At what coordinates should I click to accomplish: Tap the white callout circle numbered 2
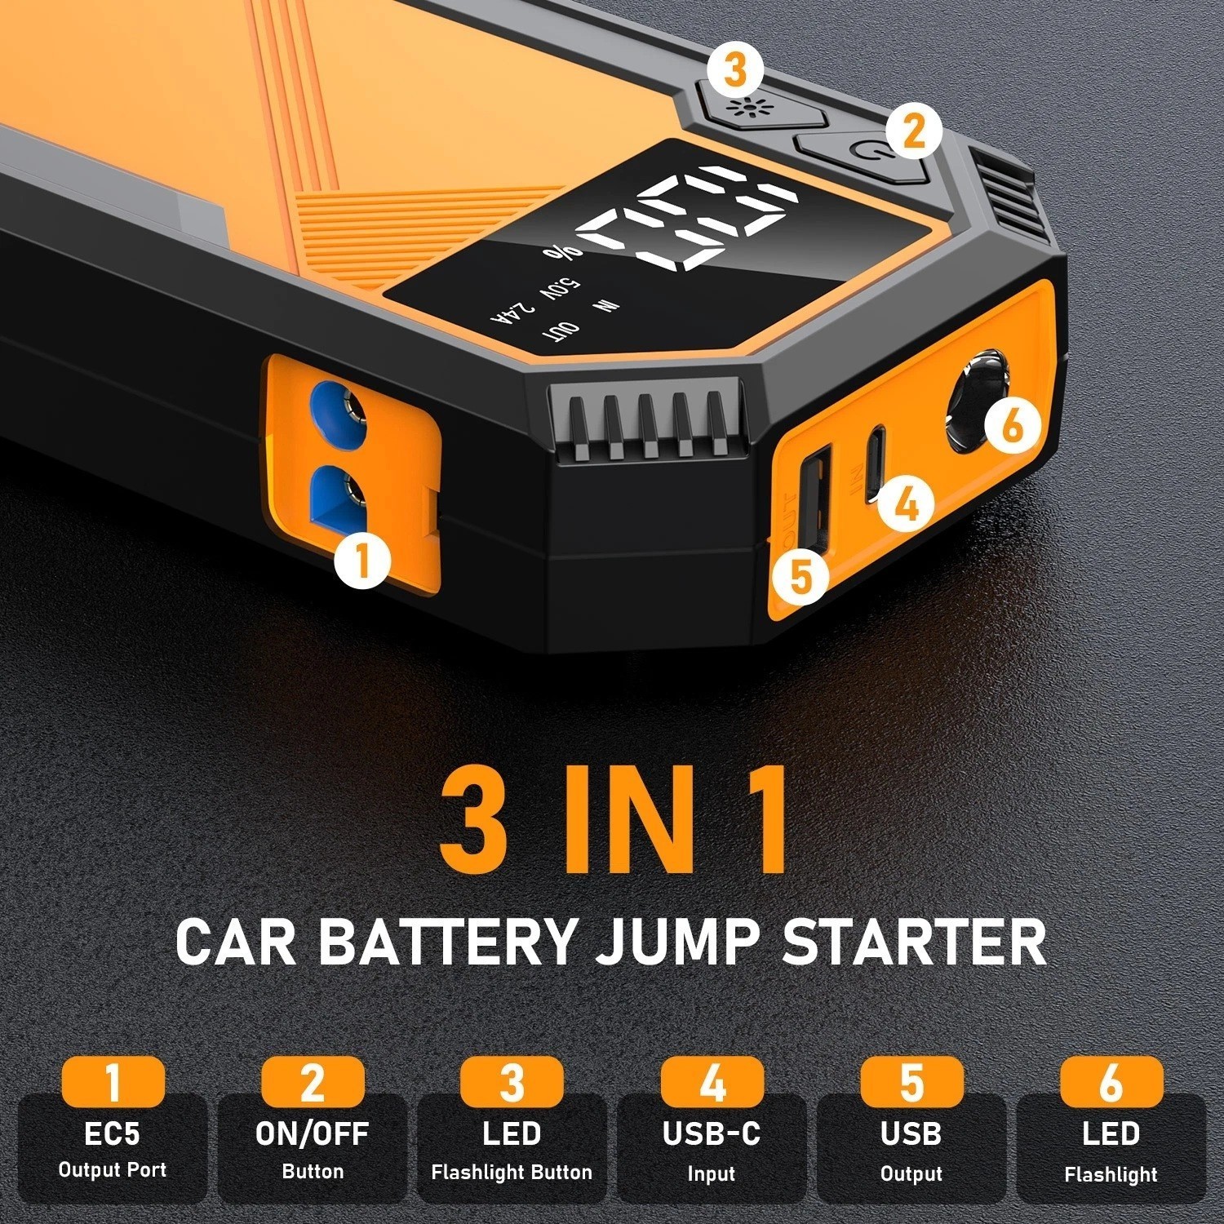point(913,130)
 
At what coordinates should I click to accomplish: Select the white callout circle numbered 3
point(735,69)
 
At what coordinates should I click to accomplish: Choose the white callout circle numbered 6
point(1012,424)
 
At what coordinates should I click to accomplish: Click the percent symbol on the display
point(563,251)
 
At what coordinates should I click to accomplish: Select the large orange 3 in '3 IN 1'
point(473,818)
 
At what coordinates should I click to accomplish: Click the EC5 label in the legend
point(113,1133)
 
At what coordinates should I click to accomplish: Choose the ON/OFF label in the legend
point(312,1133)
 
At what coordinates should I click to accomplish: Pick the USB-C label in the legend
point(712,1133)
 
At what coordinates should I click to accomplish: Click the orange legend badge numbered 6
point(1111,1082)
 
